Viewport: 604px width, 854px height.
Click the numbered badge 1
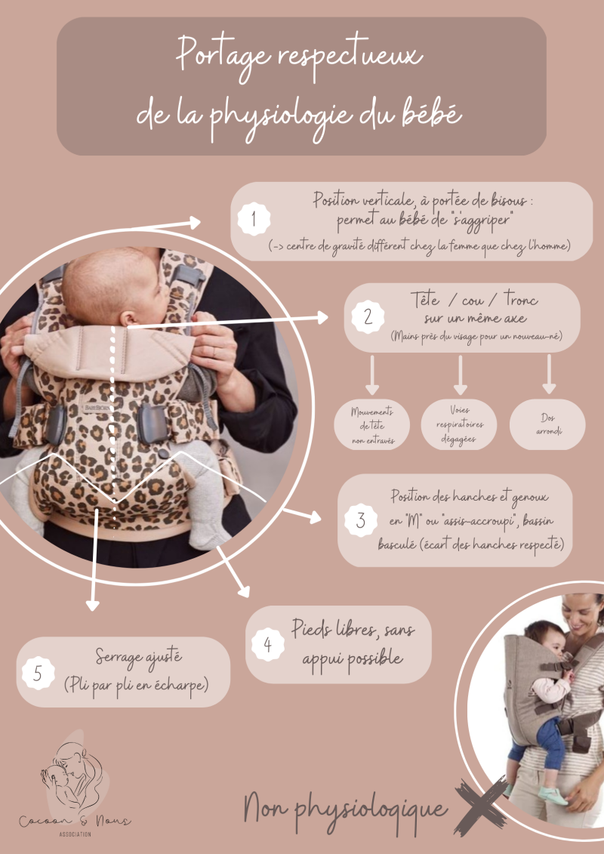pyautogui.click(x=254, y=219)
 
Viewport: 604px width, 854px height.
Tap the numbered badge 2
pyautogui.click(x=368, y=316)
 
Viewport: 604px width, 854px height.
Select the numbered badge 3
pyautogui.click(x=361, y=520)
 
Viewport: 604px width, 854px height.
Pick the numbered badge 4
pyautogui.click(x=267, y=644)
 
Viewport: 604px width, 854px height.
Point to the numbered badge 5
pyautogui.click(x=38, y=673)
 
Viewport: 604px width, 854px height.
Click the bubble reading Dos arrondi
pyautogui.click(x=547, y=425)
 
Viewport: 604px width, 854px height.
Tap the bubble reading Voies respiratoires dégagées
pyautogui.click(x=459, y=425)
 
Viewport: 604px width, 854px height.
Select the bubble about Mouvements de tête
pyautogui.click(x=372, y=425)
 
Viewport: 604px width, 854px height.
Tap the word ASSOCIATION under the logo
pyautogui.click(x=75, y=834)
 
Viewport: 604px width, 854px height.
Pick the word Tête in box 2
pyautogui.click(x=424, y=299)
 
